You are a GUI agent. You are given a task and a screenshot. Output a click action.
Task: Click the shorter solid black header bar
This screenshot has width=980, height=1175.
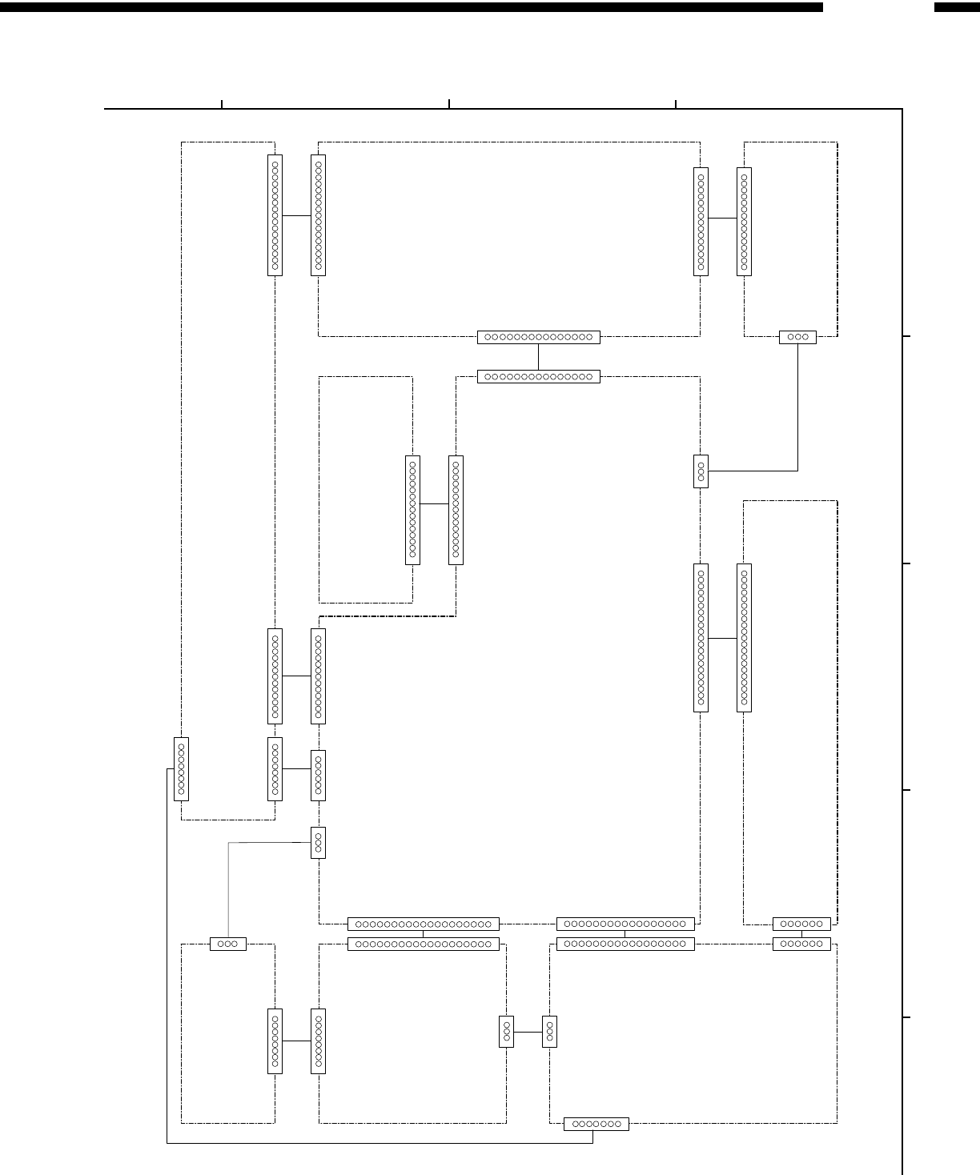click(x=957, y=7)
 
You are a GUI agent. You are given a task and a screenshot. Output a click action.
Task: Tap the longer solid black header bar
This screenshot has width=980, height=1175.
click(x=412, y=7)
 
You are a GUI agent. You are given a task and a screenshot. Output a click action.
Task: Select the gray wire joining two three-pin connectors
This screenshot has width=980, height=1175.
click(x=229, y=880)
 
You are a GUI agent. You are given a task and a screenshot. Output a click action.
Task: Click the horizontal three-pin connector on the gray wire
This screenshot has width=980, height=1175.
click(x=228, y=944)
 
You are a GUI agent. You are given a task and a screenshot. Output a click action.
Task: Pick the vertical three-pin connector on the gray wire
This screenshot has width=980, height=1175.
click(x=318, y=842)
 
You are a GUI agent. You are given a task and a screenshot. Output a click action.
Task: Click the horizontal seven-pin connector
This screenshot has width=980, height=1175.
click(x=596, y=1124)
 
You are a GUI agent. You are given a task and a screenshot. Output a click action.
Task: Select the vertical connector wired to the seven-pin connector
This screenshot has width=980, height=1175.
click(x=181, y=768)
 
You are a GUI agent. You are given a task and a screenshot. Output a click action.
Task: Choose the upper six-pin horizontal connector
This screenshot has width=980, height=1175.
click(x=801, y=924)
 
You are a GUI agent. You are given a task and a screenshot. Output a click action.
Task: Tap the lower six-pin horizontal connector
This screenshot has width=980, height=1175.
click(x=801, y=944)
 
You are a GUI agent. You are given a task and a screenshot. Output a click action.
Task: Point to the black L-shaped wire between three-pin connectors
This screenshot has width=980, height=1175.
click(x=797, y=416)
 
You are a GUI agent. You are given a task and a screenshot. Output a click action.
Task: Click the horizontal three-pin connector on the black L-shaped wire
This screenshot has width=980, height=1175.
click(x=797, y=337)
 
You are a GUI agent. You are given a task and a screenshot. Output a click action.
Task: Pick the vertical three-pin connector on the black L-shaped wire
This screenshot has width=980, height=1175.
click(x=701, y=471)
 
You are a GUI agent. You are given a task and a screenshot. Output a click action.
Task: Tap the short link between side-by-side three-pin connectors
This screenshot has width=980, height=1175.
click(x=528, y=1032)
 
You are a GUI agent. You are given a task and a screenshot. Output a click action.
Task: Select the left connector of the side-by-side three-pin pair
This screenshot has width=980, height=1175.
click(x=506, y=1031)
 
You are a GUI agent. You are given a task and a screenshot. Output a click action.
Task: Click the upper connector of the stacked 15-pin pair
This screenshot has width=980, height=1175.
click(x=538, y=337)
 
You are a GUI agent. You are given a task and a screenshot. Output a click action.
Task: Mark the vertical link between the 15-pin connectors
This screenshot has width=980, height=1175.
click(x=538, y=356)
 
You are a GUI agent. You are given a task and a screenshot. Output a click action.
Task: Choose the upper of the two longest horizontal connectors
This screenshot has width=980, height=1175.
click(x=424, y=924)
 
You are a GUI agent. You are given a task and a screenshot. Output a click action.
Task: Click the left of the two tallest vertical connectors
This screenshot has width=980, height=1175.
click(x=701, y=638)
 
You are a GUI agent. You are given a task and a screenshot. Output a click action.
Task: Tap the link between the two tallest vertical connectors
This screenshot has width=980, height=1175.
click(x=722, y=638)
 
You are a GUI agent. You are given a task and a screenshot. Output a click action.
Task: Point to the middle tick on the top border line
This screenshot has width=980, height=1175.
click(x=449, y=103)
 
